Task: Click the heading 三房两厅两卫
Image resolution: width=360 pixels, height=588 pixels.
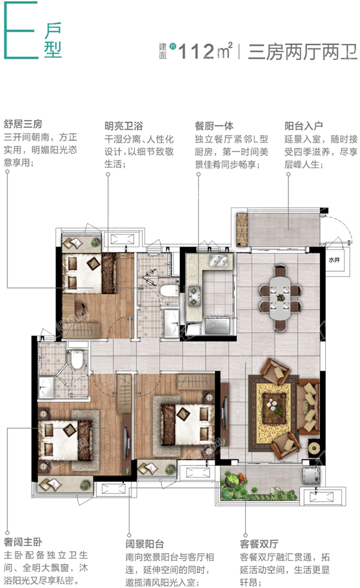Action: [x=302, y=52]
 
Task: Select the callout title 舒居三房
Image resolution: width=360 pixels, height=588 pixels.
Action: [x=23, y=124]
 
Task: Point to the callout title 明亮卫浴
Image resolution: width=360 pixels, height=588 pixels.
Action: [x=124, y=126]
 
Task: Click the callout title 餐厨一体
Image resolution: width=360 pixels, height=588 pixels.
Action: [x=214, y=126]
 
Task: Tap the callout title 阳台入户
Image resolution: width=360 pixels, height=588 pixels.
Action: [x=303, y=126]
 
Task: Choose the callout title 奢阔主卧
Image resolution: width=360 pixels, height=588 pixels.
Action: [x=23, y=542]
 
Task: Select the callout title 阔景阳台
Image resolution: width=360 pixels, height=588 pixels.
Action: [x=145, y=544]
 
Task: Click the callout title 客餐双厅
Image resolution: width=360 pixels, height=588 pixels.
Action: [x=259, y=544]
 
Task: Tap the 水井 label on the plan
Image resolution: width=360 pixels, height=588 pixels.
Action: [x=334, y=259]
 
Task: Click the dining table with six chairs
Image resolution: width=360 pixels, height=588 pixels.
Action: [x=280, y=298]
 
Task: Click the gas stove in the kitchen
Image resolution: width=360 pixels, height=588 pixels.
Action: [x=194, y=296]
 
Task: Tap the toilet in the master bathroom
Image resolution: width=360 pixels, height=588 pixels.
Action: [x=77, y=360]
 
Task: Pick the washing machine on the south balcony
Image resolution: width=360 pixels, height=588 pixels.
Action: [x=311, y=476]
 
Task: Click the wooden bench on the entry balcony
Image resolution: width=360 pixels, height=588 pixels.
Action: [x=242, y=230]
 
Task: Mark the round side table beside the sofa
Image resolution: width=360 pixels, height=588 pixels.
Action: [x=314, y=448]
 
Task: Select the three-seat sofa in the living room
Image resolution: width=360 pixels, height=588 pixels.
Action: [x=308, y=407]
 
